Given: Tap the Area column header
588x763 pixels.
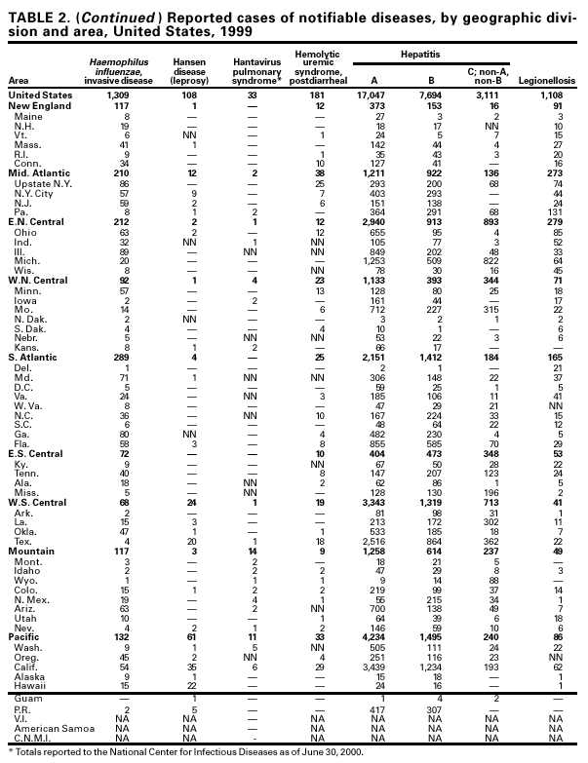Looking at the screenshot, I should point(18,80).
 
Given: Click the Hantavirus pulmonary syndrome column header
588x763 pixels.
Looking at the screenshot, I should point(251,68).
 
